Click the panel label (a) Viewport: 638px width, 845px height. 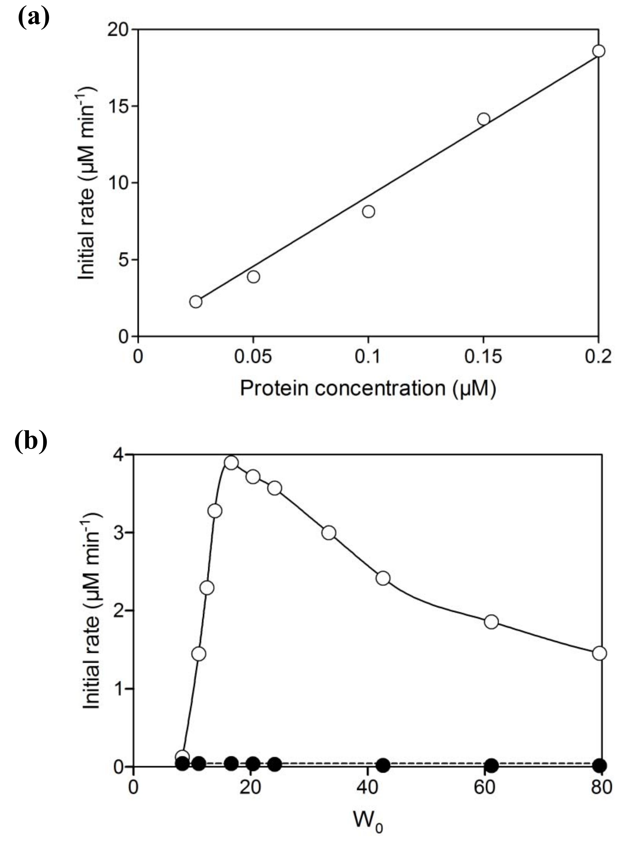point(34,17)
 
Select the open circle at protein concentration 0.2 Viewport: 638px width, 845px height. point(598,51)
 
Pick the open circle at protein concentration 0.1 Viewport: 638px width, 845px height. point(368,211)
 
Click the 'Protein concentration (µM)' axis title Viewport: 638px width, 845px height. point(368,389)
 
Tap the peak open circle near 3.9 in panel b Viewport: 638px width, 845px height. point(231,463)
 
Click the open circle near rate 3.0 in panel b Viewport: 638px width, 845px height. point(328,533)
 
